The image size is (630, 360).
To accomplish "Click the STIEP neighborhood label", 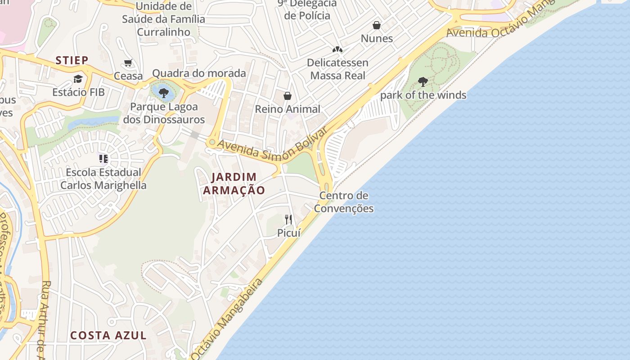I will coord(72,60).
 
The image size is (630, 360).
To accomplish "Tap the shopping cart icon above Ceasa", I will coord(128,63).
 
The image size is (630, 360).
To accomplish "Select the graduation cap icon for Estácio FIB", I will coord(78,79).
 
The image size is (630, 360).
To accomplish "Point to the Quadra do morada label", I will coord(199,73).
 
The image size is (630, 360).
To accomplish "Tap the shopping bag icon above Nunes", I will coord(377,25).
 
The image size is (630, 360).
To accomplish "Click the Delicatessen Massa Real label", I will coord(337,69).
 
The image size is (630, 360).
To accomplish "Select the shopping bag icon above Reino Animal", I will coord(288,96).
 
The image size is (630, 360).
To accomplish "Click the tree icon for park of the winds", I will coord(423,82).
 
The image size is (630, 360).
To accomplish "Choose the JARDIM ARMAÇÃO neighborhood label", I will coord(234,184).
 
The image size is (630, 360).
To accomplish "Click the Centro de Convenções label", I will coord(344,202).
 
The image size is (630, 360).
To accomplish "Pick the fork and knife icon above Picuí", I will coord(288,220).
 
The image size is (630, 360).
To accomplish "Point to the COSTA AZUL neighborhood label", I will coord(108,335).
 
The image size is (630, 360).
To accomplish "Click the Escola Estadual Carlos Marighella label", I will coord(103,179).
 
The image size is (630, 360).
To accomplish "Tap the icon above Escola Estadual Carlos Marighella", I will coord(103,158).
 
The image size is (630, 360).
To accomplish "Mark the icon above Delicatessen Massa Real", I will coord(337,49).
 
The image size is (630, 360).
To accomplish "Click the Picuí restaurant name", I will coord(288,233).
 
